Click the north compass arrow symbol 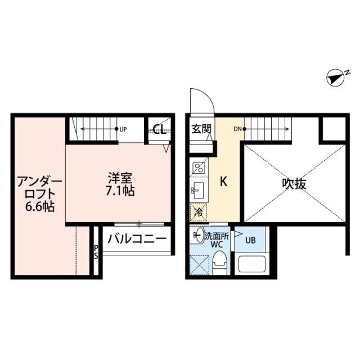337,79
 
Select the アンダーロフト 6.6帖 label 36,193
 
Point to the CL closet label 159,130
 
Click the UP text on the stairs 123,129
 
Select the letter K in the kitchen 223,182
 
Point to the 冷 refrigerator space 199,213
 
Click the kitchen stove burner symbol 199,166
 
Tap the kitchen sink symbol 199,189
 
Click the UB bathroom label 250,241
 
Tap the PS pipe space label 96,251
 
